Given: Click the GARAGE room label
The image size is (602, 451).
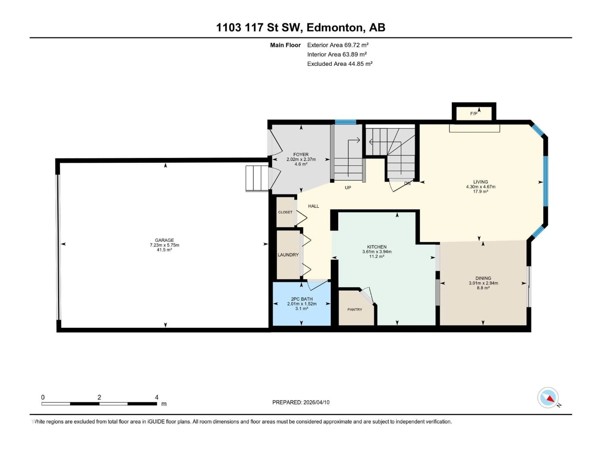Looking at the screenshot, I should (164, 240).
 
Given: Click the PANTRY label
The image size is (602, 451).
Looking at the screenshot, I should (355, 309).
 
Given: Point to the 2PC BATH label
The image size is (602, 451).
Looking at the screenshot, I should (301, 299).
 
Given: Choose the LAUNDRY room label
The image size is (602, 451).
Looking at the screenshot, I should (288, 255).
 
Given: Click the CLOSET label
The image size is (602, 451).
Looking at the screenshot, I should (285, 212).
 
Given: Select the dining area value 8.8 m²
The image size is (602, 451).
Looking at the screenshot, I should (483, 288).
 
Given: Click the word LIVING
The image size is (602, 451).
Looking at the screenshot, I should (480, 182).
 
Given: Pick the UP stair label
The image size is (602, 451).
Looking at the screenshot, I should (348, 188).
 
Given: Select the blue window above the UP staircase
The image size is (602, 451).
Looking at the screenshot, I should (345, 122).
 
